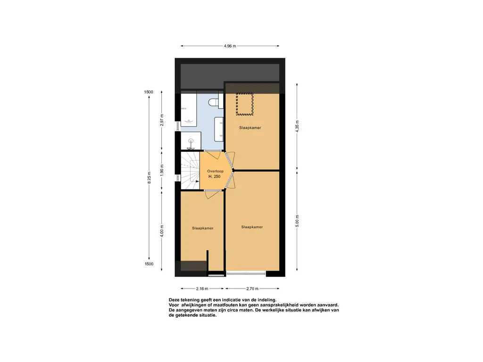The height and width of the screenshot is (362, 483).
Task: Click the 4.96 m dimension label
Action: coord(230,46)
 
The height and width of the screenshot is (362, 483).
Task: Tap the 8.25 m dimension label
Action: coord(149,178)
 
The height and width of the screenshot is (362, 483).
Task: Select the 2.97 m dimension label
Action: coord(162,120)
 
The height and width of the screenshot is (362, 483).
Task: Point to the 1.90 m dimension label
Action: coord(162,170)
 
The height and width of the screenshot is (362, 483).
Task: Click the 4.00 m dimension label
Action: coord(162,231)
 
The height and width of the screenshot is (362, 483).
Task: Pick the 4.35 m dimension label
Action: coord(297,126)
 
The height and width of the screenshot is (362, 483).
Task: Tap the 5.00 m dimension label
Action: coord(297,221)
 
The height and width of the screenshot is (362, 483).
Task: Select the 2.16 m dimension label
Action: coord(202,289)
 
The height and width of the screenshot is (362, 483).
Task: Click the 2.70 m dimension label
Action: coord(252,289)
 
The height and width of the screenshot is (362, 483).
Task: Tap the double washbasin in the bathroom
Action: coord(219,129)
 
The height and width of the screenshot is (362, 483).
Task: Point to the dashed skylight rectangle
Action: coord(245,104)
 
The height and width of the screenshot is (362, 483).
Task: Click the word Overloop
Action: coord(215,171)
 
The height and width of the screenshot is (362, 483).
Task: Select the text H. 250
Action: coord(215,177)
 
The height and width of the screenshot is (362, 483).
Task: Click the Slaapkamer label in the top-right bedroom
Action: coord(250,128)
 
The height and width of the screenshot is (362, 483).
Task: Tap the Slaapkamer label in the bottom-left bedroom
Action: coord(203,229)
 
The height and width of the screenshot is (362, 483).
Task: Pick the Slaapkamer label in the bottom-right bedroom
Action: coord(252,227)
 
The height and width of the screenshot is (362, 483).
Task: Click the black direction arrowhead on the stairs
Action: coord(198,181)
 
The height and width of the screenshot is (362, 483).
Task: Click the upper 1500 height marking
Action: coord(149,92)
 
